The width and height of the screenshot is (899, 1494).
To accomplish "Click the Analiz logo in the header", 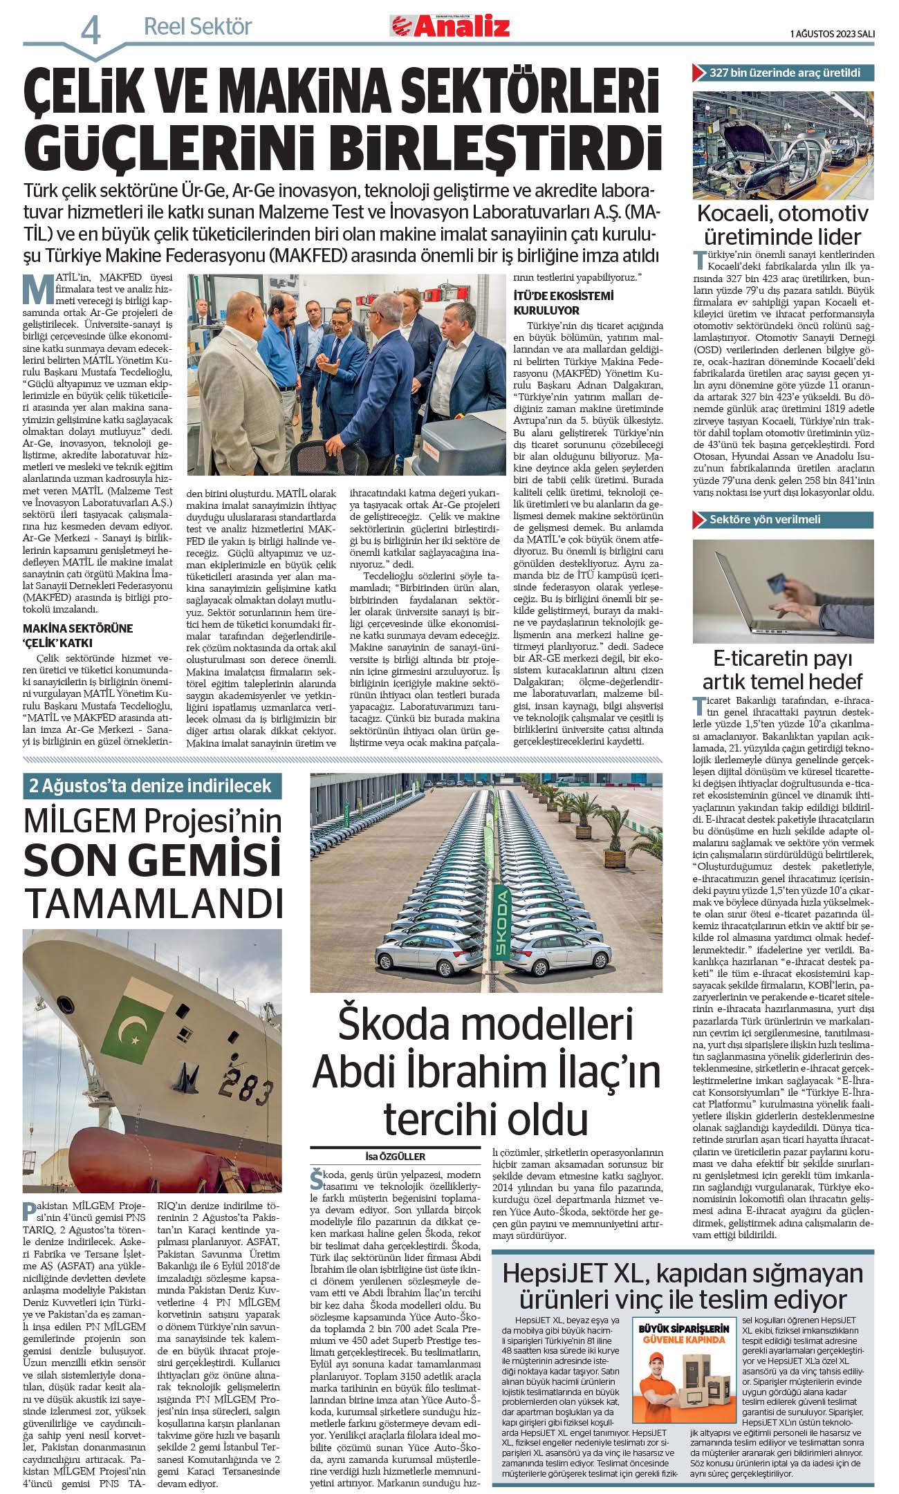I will point(449,26).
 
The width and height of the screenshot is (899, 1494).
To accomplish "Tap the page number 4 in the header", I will point(91,30).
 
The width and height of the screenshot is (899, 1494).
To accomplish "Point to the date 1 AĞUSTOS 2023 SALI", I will point(832,33).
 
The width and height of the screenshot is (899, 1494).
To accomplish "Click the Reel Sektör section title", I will point(198,27).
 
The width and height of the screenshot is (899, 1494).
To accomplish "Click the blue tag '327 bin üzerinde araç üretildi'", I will point(783,73).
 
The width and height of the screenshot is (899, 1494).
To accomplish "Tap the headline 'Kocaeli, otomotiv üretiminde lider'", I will point(783,225).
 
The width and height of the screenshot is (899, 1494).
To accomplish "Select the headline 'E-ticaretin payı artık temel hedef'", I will point(783,670).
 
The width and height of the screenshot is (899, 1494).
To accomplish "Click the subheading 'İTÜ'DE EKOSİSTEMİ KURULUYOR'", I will point(564,303).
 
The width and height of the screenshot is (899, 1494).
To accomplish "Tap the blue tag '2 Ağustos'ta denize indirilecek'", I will point(151,785).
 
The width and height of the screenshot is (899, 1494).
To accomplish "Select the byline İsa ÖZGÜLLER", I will point(395,1157).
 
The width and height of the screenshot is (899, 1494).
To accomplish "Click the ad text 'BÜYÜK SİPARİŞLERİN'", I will point(683,1329).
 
